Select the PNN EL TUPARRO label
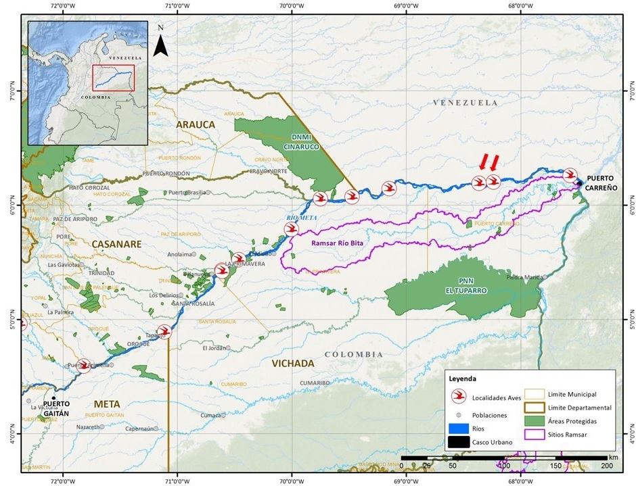click(461, 286)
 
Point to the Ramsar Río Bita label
click(337, 243)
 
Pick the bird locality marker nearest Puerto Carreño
click(570, 174)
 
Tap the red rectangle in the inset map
click(113, 77)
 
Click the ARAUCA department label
click(195, 124)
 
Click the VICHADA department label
click(293, 364)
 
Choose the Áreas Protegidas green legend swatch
click(535, 421)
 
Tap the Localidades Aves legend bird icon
click(459, 397)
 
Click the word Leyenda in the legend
click(462, 379)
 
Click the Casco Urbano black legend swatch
click(459, 443)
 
